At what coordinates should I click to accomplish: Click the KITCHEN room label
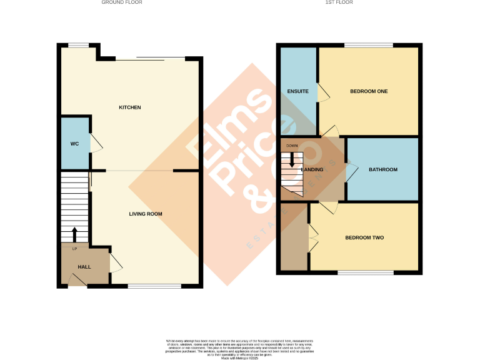(130, 107)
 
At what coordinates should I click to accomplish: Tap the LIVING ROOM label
(146, 214)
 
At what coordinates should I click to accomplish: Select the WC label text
(74, 144)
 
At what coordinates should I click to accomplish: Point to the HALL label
(84, 267)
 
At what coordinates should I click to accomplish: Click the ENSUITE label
(298, 91)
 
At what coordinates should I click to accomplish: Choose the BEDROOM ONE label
(369, 91)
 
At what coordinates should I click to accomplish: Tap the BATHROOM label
(382, 169)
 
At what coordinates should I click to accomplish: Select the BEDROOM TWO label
(364, 237)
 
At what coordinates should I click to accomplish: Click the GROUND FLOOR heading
(122, 2)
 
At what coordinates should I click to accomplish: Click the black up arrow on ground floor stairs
(75, 234)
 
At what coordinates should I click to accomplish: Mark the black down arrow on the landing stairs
(291, 160)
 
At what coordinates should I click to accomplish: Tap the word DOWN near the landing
(292, 146)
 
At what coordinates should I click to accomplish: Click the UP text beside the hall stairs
(74, 249)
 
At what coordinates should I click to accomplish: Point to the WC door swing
(95, 143)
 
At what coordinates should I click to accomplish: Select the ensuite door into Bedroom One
(323, 92)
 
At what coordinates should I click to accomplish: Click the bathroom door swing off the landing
(352, 169)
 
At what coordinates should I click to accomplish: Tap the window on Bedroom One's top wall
(368, 44)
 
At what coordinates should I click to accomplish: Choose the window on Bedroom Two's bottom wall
(366, 272)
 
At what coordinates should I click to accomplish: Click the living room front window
(154, 286)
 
